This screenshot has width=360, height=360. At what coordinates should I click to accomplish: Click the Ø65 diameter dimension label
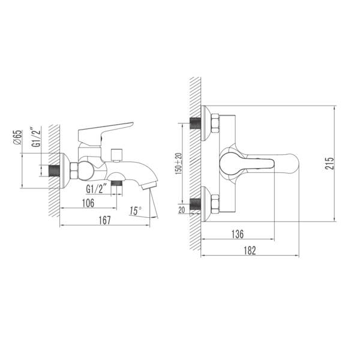(17, 137)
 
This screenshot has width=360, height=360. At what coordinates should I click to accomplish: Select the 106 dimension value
(88, 203)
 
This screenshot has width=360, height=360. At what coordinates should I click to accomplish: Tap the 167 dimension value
(104, 220)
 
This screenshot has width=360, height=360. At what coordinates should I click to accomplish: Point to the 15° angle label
(135, 211)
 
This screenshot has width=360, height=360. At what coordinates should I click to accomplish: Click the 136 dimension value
(238, 234)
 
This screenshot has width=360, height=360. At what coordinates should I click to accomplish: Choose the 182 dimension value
(250, 250)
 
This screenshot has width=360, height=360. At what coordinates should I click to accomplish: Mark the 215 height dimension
(329, 163)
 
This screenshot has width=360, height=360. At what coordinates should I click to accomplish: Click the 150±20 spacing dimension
(178, 163)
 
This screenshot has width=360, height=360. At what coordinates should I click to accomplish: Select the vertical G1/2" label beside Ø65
(36, 137)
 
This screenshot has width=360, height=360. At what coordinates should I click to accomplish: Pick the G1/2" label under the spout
(97, 189)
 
